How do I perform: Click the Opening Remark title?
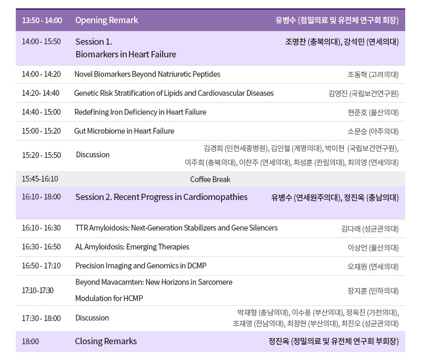(107, 20)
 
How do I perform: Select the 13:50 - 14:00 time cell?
(42, 20)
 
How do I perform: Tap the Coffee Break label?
(210, 179)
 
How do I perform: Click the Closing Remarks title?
(106, 341)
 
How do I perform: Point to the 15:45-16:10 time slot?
(40, 179)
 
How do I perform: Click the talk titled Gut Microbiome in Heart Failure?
(124, 131)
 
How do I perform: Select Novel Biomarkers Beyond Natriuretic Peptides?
(147, 74)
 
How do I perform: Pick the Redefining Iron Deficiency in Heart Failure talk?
(141, 112)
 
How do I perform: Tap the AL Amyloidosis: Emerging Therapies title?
(132, 247)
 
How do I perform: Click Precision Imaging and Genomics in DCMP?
(141, 266)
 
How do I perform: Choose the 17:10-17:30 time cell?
(37, 291)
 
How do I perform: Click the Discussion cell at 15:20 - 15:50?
(93, 155)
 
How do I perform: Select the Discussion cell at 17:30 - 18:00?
(92, 318)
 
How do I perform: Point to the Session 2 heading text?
(162, 197)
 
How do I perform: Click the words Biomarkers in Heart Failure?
(126, 54)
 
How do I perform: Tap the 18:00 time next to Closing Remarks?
(31, 342)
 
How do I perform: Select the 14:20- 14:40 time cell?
(41, 93)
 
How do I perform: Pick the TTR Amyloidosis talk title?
(176, 228)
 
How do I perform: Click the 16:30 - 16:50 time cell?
(42, 247)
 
